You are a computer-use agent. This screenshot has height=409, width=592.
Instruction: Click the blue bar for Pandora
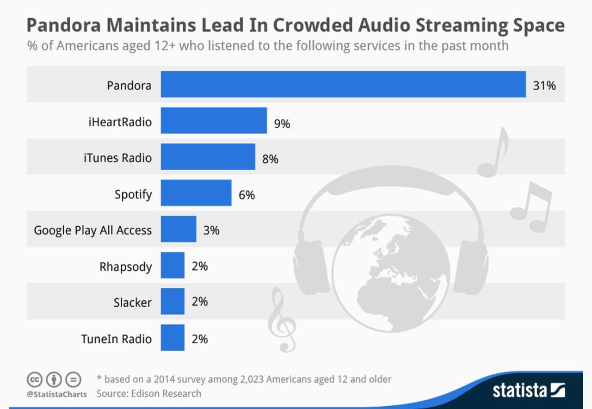(x=343, y=84)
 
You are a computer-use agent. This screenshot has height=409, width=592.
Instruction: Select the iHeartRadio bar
(x=214, y=120)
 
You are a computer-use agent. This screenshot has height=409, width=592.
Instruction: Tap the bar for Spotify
(x=196, y=192)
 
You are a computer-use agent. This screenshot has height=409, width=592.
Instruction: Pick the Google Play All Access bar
(x=179, y=229)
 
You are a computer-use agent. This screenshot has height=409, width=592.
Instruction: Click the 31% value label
(x=544, y=86)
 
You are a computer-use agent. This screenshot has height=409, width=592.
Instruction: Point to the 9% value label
(x=282, y=124)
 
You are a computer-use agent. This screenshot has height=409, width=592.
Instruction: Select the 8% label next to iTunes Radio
(x=270, y=159)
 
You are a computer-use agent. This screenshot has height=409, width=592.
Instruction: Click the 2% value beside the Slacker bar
(x=200, y=302)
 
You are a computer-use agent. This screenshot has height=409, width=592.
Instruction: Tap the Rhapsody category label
(x=125, y=267)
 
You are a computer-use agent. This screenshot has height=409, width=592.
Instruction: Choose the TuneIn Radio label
(x=116, y=339)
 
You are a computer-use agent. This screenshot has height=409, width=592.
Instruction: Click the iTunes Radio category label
(x=117, y=158)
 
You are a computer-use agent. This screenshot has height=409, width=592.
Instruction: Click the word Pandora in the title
(x=65, y=25)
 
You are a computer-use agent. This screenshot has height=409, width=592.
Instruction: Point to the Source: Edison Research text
(x=148, y=394)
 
